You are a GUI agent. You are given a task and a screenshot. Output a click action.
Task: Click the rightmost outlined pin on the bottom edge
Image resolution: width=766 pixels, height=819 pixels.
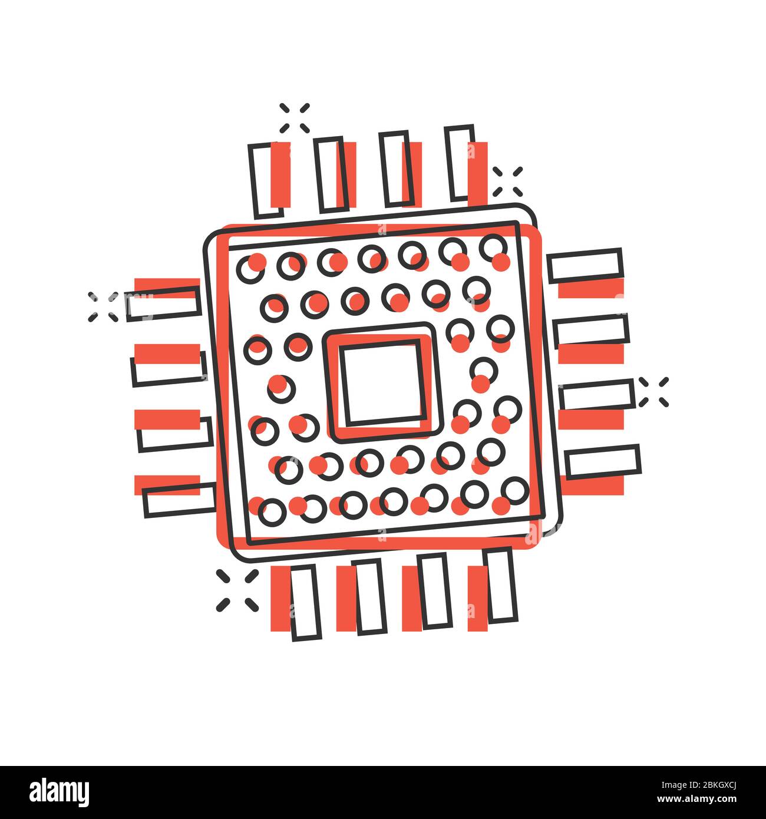click(500, 584)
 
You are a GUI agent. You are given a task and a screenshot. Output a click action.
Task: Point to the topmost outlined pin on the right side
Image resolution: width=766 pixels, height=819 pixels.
click(585, 266)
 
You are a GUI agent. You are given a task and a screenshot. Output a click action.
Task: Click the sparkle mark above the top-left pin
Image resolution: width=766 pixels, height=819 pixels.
click(295, 118)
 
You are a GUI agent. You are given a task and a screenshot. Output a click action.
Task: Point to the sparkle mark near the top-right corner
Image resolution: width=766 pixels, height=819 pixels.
click(508, 181)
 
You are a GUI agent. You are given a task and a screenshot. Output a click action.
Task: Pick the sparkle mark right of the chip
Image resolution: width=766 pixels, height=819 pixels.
click(653, 392)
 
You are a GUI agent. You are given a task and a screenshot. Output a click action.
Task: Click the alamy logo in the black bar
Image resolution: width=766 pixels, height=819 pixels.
click(60, 791)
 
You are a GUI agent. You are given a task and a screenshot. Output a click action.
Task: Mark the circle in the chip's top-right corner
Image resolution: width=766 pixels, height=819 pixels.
click(493, 247)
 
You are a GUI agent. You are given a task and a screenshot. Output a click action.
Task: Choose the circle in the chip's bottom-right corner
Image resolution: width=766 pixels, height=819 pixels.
click(516, 490)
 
